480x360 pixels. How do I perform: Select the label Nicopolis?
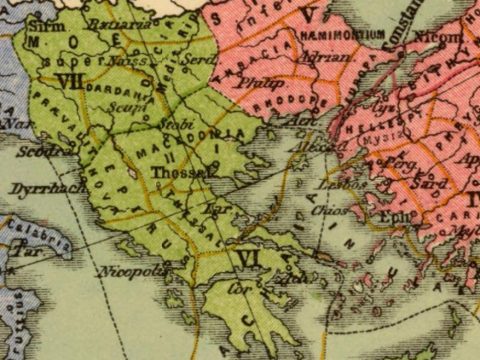(x=124, y=271)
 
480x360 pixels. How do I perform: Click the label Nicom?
(x=447, y=37)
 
